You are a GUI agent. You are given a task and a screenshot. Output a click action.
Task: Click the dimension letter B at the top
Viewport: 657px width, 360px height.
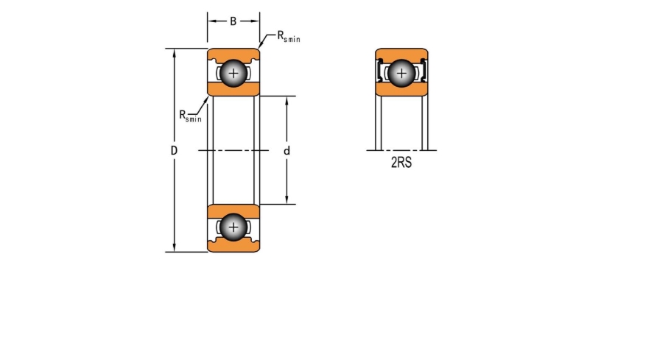click(x=233, y=21)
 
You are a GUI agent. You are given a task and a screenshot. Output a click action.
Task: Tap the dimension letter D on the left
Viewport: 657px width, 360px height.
click(x=174, y=150)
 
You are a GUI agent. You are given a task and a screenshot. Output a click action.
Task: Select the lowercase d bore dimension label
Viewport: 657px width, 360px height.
click(x=287, y=151)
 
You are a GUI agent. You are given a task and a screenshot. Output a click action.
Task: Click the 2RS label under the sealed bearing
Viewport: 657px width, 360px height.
click(x=401, y=163)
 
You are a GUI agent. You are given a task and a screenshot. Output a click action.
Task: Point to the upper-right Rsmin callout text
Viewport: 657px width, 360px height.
click(x=289, y=36)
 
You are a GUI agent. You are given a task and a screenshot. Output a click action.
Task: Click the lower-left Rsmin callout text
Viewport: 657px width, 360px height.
click(x=190, y=116)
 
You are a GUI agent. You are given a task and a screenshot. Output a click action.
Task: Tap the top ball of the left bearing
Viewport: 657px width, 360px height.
click(x=233, y=74)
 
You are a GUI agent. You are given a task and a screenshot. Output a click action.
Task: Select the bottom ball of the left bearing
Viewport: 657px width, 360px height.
click(x=233, y=227)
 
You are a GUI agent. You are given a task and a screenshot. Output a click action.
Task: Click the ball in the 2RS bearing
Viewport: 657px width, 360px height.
click(x=401, y=74)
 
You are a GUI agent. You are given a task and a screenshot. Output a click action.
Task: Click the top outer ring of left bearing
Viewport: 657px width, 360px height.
click(x=233, y=54)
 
